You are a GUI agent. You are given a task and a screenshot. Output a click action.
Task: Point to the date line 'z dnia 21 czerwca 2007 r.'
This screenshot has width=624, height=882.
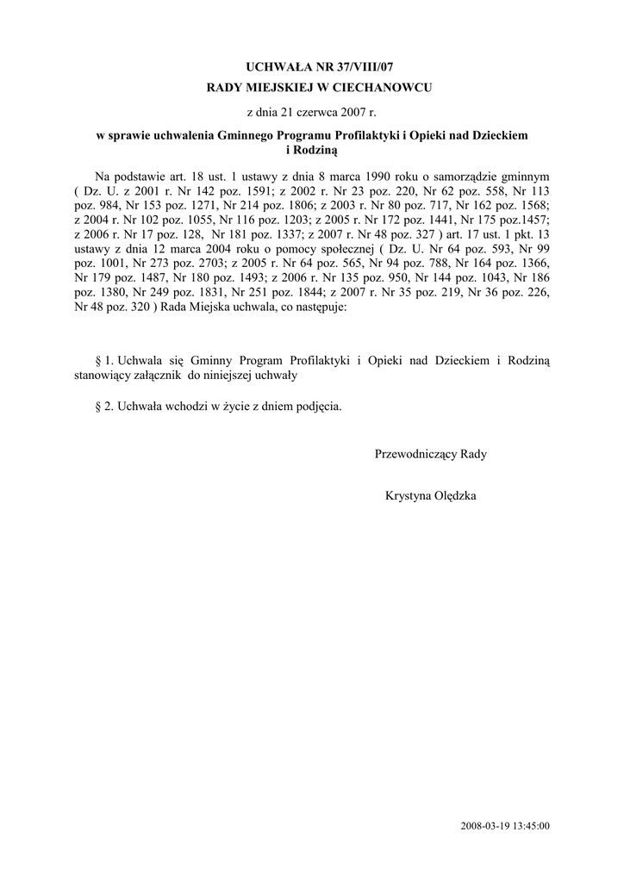pos(312,112)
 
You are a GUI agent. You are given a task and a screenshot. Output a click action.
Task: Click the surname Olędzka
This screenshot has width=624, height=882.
pos(453,496)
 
